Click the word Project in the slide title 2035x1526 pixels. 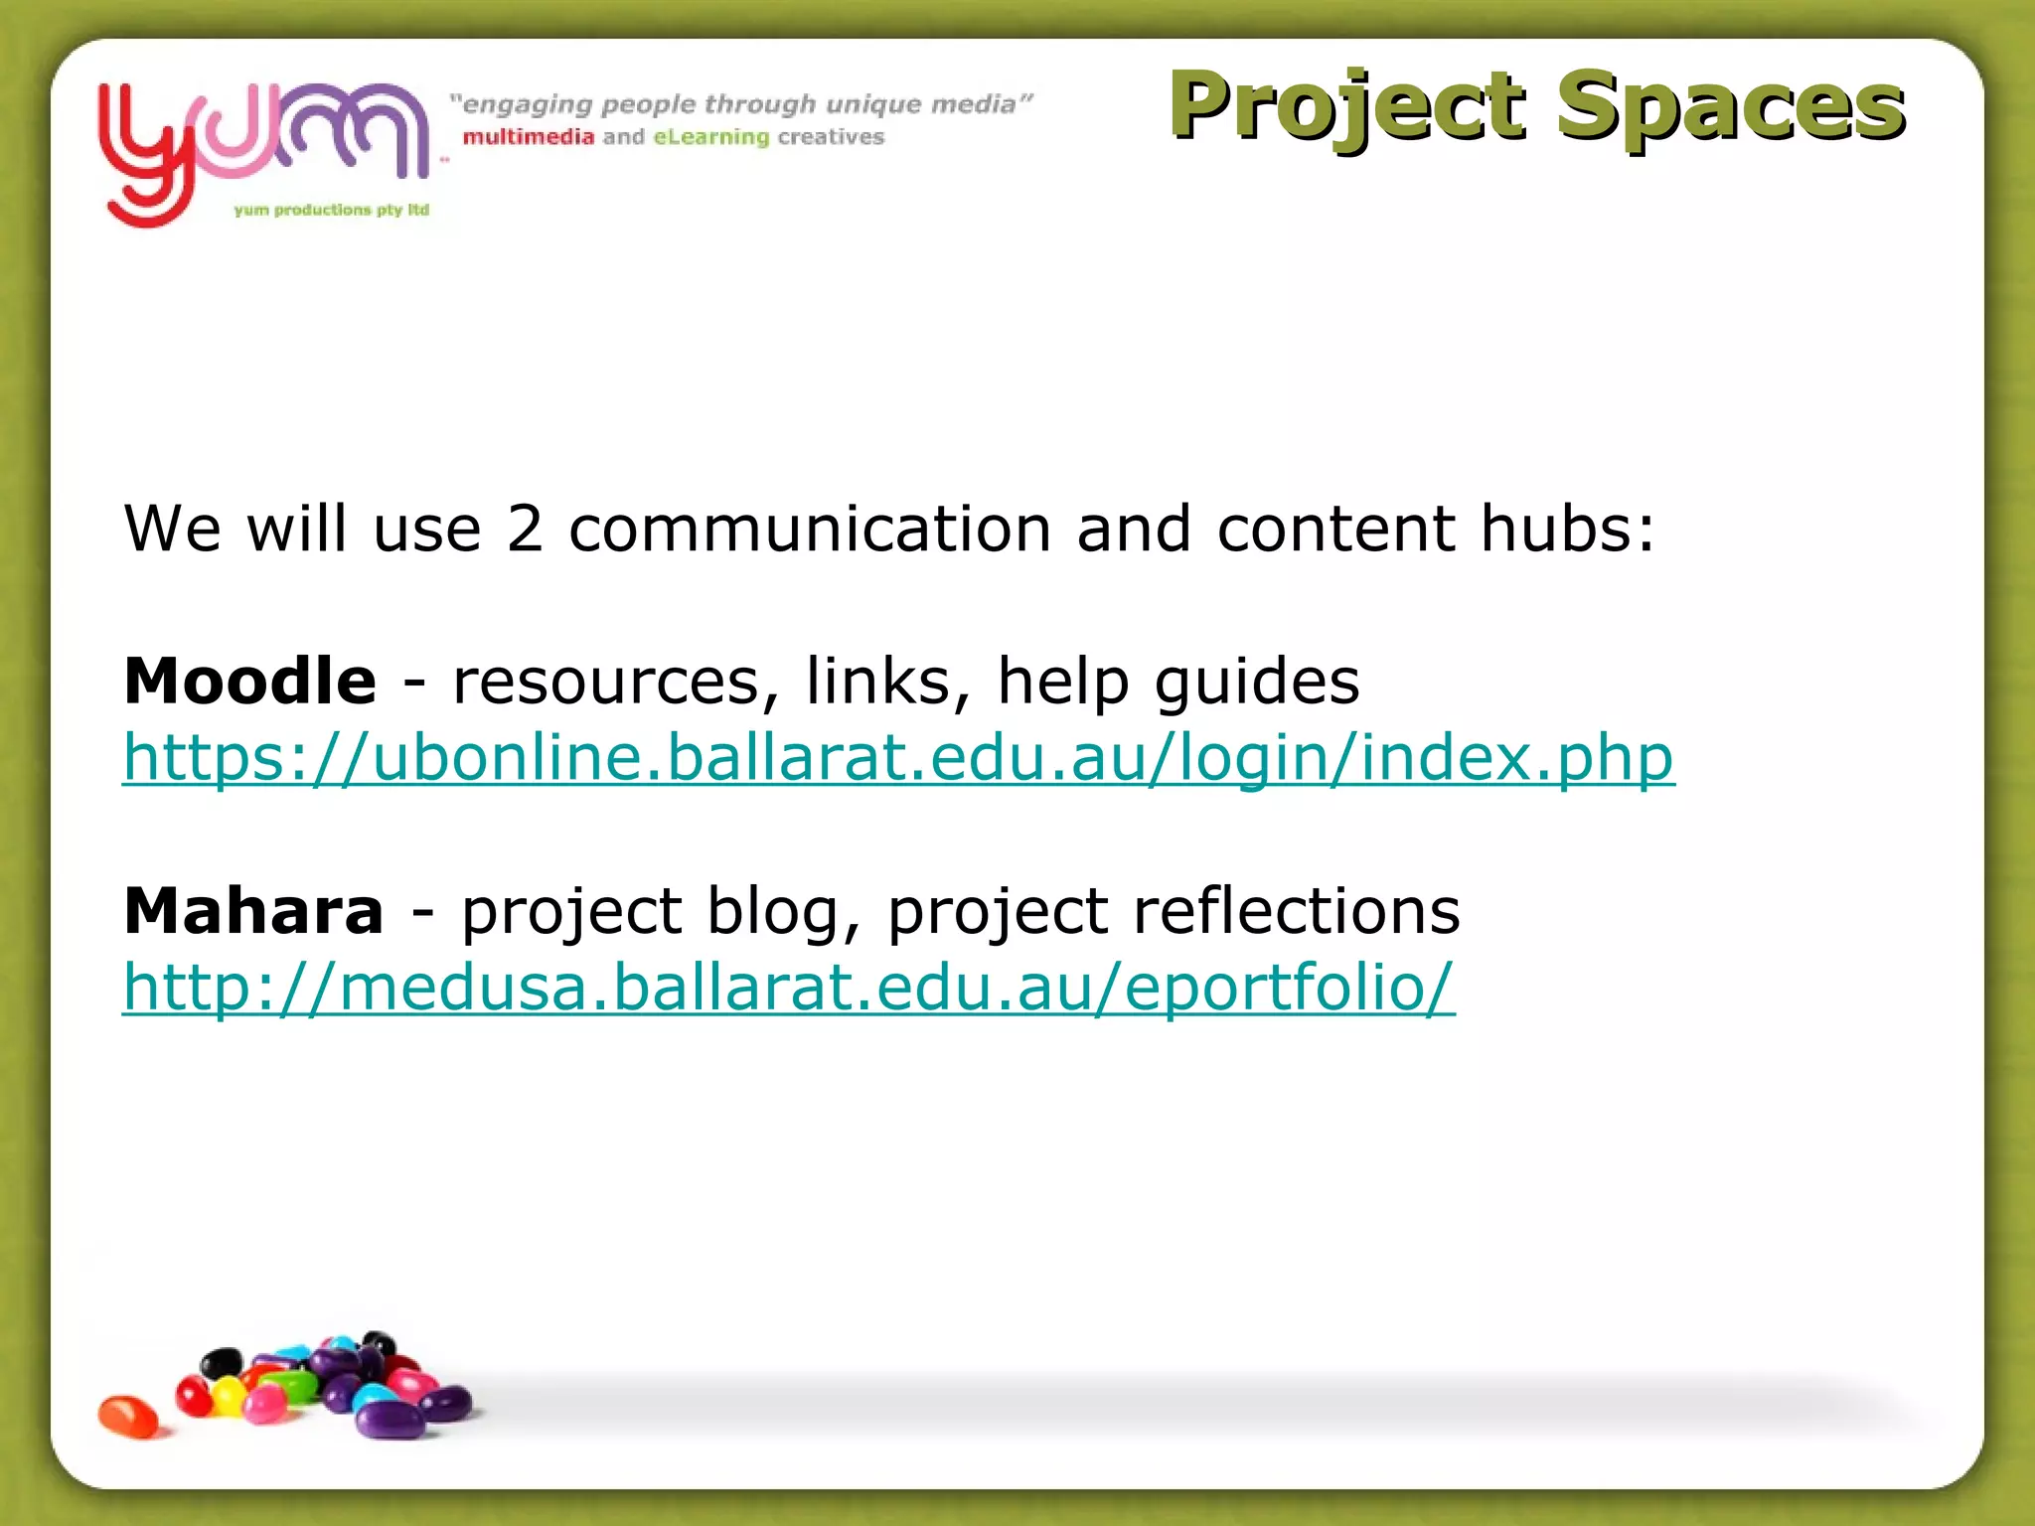pos(1346,107)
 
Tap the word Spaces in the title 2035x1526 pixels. pos(1729,107)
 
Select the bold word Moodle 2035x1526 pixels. pos(249,682)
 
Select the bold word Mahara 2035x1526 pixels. pos(253,911)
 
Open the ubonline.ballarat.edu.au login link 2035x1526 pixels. pos(898,759)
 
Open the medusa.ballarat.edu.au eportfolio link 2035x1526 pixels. pos(788,989)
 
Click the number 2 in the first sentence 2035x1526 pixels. pos(525,529)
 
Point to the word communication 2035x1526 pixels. pos(809,529)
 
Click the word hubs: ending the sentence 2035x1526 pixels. pos(1567,529)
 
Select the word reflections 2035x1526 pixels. pos(1296,911)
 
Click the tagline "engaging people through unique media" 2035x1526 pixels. pos(740,104)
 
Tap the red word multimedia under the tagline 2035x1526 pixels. pos(528,137)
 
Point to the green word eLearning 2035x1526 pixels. pos(711,137)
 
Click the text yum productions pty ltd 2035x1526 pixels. pos(331,210)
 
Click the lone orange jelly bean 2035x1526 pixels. pos(128,1416)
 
